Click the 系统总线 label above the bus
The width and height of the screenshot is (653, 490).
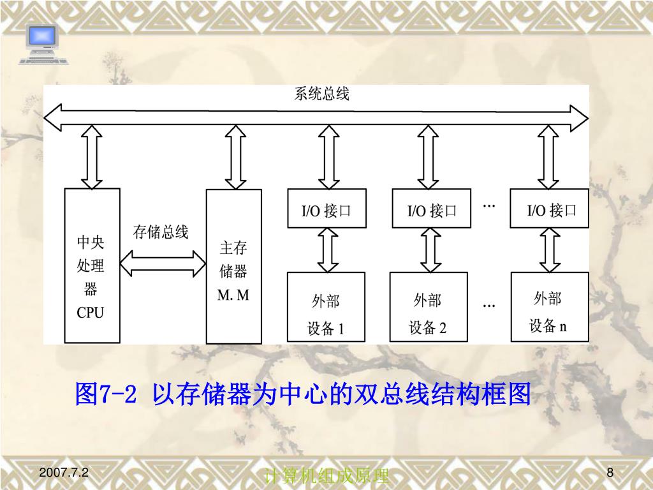point(321,94)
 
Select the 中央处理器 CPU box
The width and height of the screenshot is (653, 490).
point(92,265)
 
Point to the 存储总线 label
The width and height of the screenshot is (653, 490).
point(161,232)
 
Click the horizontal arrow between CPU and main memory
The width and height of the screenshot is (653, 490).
point(163,262)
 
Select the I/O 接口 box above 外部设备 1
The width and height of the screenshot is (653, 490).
point(326,209)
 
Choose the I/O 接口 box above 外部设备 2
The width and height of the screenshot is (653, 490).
point(432,209)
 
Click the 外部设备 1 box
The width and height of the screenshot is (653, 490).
point(326,307)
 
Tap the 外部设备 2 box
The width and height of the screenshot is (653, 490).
point(428,307)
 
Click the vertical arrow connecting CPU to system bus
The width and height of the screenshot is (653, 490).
point(92,157)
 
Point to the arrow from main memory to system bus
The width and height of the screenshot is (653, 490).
point(235,157)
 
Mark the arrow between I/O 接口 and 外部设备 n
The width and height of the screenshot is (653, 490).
point(549,250)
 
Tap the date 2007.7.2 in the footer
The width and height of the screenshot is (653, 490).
point(64,473)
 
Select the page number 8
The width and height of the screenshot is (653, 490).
point(610,473)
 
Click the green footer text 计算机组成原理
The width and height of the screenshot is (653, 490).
point(326,476)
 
